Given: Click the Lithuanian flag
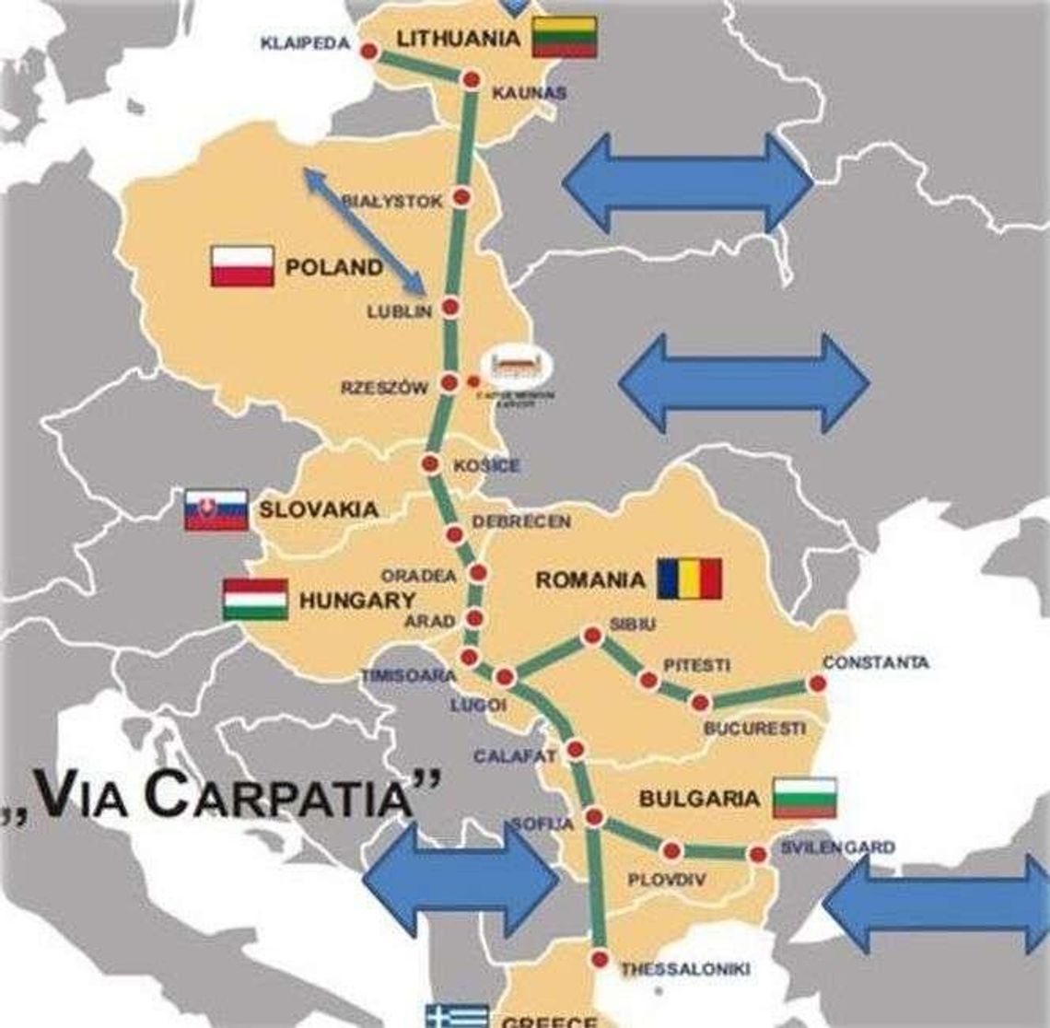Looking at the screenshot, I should pos(564,37).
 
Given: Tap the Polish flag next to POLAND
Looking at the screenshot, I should pos(242,266).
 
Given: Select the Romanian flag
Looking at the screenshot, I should pos(689,578).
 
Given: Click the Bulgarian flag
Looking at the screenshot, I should pos(804,798).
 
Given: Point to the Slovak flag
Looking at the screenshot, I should pos(216,509).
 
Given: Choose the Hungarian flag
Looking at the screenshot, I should pos(255,600).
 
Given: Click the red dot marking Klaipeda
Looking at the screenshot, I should pos(368,53).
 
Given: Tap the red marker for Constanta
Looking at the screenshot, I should pos(816,683).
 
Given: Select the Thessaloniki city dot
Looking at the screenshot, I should pos(601,960).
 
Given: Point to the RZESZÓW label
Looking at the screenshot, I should pos(384,388).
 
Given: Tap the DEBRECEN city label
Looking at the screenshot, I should pos(521,521).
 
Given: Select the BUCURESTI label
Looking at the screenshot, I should pos(753,729).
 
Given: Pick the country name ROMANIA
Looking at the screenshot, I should pos(590,579).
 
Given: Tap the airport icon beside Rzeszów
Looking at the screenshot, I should pos(522,366).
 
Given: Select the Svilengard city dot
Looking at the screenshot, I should pos(758,854).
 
